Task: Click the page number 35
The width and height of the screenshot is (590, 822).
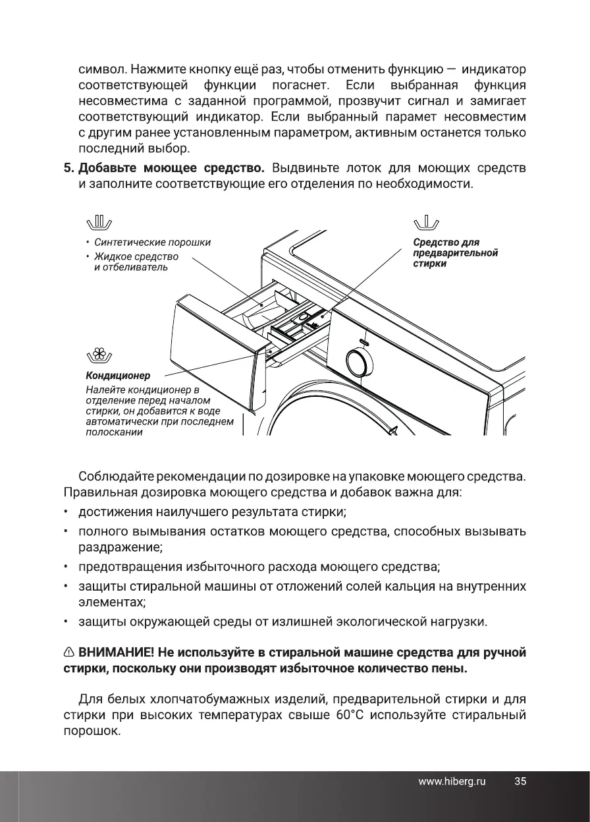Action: pos(520,782)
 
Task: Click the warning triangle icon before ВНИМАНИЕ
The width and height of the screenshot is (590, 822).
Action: pos(69,653)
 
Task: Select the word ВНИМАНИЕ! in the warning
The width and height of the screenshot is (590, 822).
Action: pos(117,653)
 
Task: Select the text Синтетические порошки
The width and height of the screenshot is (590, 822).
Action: pos(152,242)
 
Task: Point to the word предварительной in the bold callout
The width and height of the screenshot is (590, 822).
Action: pos(456,253)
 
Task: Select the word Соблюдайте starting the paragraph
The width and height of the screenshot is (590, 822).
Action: pos(115,475)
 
